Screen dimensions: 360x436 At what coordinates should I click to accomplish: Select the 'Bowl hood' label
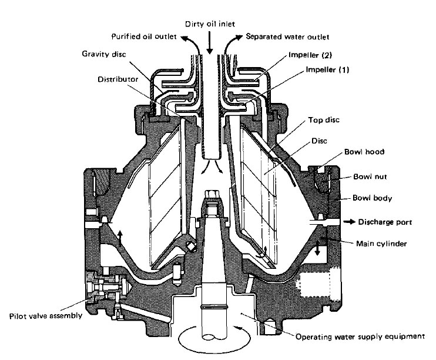pos(352,152)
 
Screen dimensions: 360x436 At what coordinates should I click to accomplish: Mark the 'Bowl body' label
pos(373,198)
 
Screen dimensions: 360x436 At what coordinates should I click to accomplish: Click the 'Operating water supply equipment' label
pos(359,337)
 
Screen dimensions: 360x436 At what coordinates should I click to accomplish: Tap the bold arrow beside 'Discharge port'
pos(348,222)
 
